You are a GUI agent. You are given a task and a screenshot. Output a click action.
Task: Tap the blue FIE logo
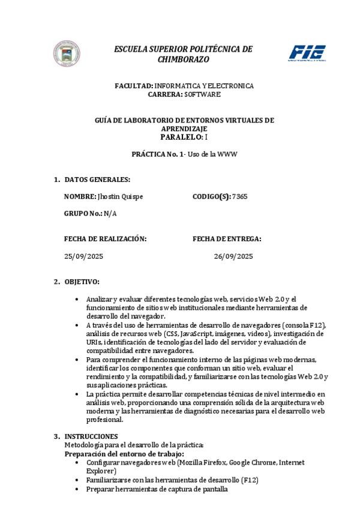coord(307,53)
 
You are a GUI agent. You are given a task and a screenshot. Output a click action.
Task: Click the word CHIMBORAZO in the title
coord(183,60)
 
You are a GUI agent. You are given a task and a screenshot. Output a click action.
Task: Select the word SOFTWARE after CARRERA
coord(202,95)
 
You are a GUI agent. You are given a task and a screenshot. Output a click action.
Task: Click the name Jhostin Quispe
coord(120,196)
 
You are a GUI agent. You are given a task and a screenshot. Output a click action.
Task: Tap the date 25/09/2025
coord(83,256)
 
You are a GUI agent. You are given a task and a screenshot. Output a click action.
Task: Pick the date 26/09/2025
coord(233,256)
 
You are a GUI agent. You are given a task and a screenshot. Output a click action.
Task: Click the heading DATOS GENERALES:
coord(97,179)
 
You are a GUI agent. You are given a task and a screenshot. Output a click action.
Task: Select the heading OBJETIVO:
coord(82,282)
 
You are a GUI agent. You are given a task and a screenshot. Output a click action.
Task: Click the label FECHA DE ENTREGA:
coord(227,238)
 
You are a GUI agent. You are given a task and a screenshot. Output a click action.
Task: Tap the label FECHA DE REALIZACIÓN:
coord(105,238)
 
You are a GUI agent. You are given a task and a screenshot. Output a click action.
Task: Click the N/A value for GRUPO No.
coord(110,214)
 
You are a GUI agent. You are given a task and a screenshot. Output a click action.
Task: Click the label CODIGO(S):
coord(211,196)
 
